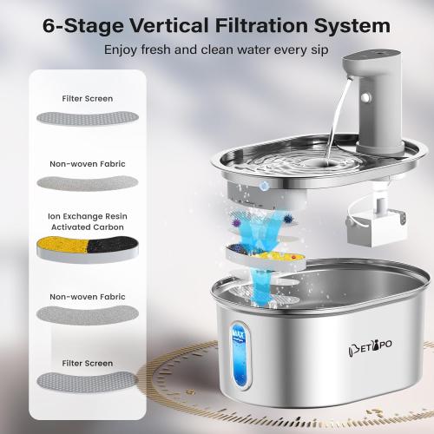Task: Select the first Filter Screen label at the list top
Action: [88, 99]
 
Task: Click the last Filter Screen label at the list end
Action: [88, 360]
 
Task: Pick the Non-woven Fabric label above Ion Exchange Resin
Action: [88, 161]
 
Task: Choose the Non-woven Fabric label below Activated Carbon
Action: [88, 295]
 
